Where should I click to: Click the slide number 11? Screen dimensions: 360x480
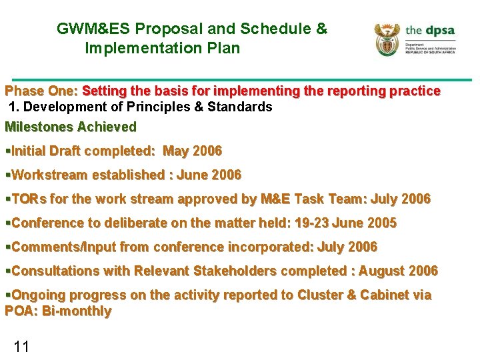pyautogui.click(x=21, y=346)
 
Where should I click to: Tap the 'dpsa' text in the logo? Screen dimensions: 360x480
pyautogui.click(x=439, y=31)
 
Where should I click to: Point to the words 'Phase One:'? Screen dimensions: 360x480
pyautogui.click(x=41, y=91)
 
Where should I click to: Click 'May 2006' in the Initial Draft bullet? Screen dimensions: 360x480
pyautogui.click(x=192, y=151)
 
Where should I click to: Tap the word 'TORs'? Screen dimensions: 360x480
pyautogui.click(x=26, y=199)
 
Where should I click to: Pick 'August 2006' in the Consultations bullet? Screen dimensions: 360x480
pyautogui.click(x=399, y=271)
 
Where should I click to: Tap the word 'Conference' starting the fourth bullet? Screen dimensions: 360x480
pyautogui.click(x=45, y=223)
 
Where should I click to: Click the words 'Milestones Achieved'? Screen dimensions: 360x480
pyautogui.click(x=70, y=127)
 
